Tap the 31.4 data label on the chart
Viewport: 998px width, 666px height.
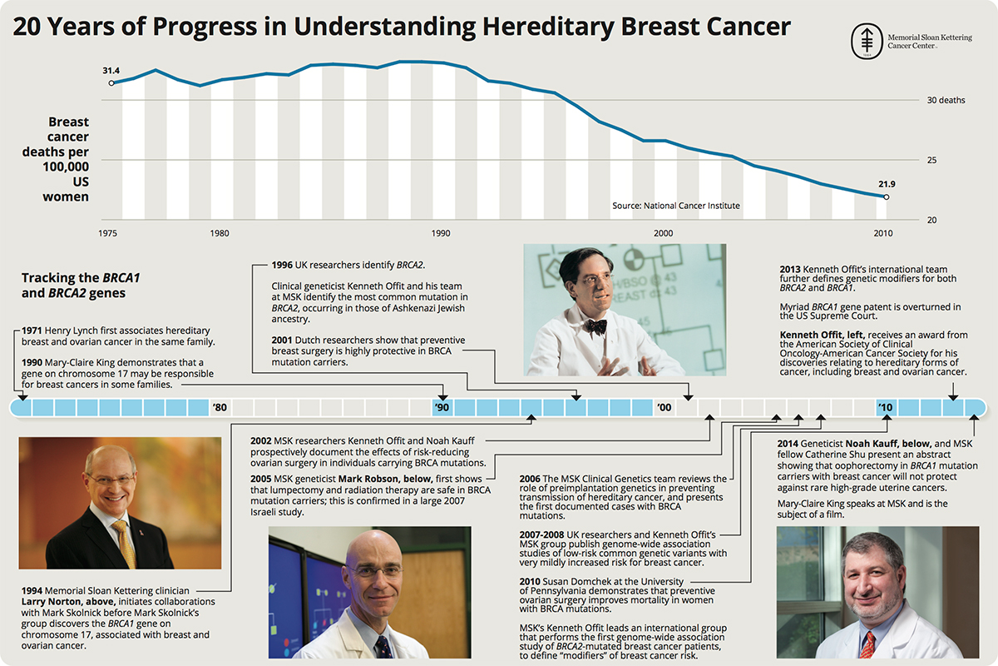click(x=111, y=70)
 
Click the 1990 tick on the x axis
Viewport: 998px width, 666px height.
click(x=441, y=233)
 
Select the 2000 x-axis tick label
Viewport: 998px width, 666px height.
click(x=663, y=233)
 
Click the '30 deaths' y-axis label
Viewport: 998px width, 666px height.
click(x=946, y=100)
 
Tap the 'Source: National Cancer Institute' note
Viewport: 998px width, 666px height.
click(x=675, y=206)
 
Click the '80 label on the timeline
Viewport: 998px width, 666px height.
click(x=220, y=408)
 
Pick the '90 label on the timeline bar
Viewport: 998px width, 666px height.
click(x=442, y=408)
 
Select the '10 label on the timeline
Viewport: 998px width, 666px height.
click(x=886, y=408)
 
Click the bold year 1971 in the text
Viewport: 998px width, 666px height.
click(x=32, y=331)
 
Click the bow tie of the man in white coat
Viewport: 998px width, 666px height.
click(x=595, y=326)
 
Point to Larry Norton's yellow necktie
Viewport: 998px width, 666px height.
click(x=124, y=540)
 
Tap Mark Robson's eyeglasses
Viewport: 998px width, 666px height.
click(x=368, y=572)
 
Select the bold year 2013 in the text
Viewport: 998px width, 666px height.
click(x=791, y=270)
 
